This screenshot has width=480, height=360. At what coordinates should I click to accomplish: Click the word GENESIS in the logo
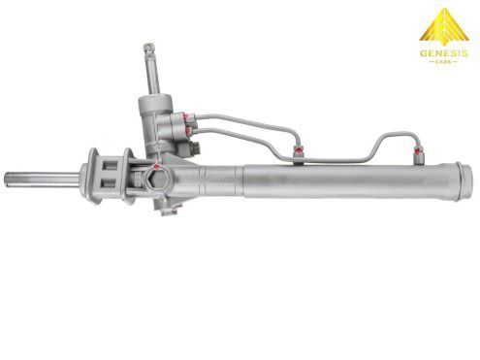click(x=444, y=53)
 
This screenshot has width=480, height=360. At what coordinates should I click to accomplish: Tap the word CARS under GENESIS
click(x=444, y=61)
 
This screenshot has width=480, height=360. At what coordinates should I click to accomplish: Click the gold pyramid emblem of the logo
click(x=444, y=26)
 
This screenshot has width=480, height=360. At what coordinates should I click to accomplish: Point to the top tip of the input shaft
click(x=148, y=45)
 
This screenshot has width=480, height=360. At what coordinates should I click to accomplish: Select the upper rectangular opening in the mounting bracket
click(x=110, y=165)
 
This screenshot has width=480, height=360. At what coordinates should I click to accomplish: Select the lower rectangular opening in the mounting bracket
click(x=109, y=183)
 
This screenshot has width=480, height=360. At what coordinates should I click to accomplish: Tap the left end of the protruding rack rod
click(x=5, y=179)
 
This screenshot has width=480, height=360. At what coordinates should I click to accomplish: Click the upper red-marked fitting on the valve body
click(x=189, y=118)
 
